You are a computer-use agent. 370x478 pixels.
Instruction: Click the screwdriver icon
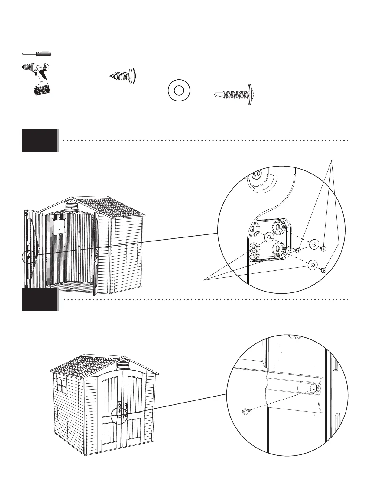[x=37, y=54]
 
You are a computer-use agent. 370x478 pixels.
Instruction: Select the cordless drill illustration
[x=38, y=78]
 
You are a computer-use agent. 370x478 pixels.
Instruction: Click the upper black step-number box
[x=40, y=140]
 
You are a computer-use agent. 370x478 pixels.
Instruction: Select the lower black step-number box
[x=40, y=299]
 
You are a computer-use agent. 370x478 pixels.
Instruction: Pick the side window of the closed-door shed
[x=62, y=386]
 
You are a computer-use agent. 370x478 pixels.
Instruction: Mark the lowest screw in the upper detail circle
[x=323, y=270]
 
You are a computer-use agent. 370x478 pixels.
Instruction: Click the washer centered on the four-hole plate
[x=268, y=237]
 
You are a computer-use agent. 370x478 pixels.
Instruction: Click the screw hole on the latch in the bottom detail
[x=319, y=388]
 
